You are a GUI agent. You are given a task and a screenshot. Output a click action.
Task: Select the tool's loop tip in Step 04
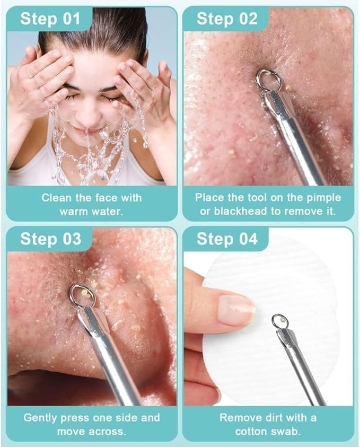(279, 321)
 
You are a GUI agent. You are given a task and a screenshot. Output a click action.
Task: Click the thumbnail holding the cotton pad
(236, 310)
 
